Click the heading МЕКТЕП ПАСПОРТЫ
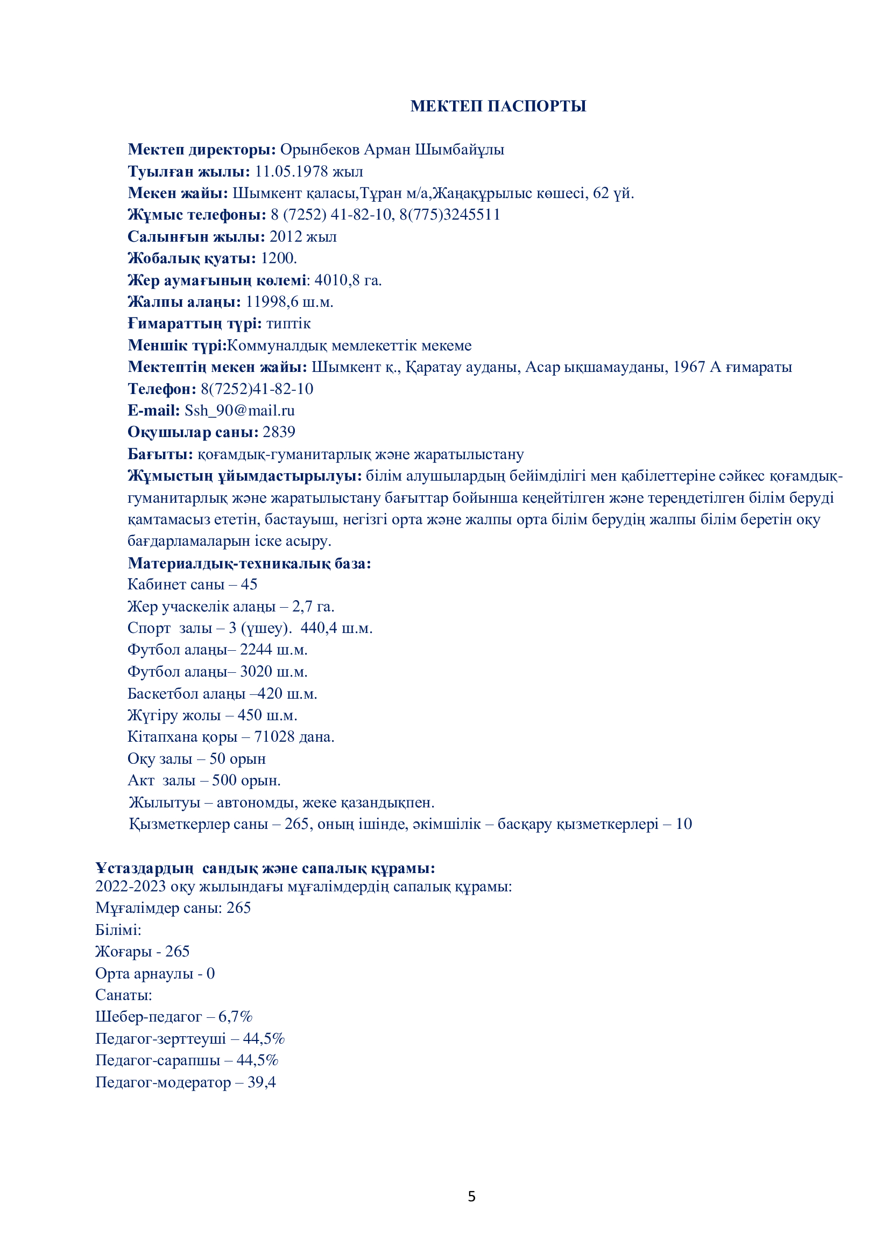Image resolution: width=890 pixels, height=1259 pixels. tap(498, 107)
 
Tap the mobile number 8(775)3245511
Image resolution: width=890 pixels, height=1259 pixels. tap(450, 214)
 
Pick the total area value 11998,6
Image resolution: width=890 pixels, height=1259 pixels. tap(272, 302)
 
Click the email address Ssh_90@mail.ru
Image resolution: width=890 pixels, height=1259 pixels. tap(239, 411)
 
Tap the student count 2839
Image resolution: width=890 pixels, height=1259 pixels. tap(279, 432)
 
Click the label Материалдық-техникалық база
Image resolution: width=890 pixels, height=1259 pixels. tap(249, 563)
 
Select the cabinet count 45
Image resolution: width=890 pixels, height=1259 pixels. tap(249, 585)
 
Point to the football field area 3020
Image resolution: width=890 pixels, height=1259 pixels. tap(256, 672)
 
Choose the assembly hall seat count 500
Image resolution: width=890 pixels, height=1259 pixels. tap(224, 780)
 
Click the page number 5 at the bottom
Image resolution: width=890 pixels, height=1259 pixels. tap(472, 1197)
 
